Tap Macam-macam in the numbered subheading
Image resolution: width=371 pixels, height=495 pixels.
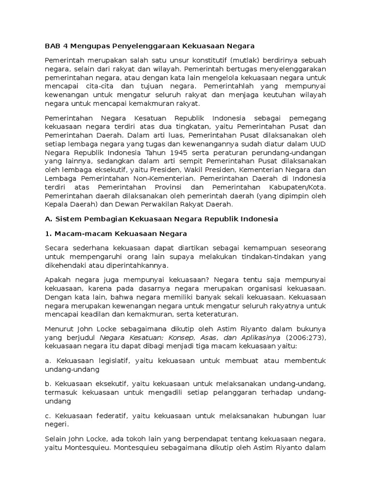click(77, 234)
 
